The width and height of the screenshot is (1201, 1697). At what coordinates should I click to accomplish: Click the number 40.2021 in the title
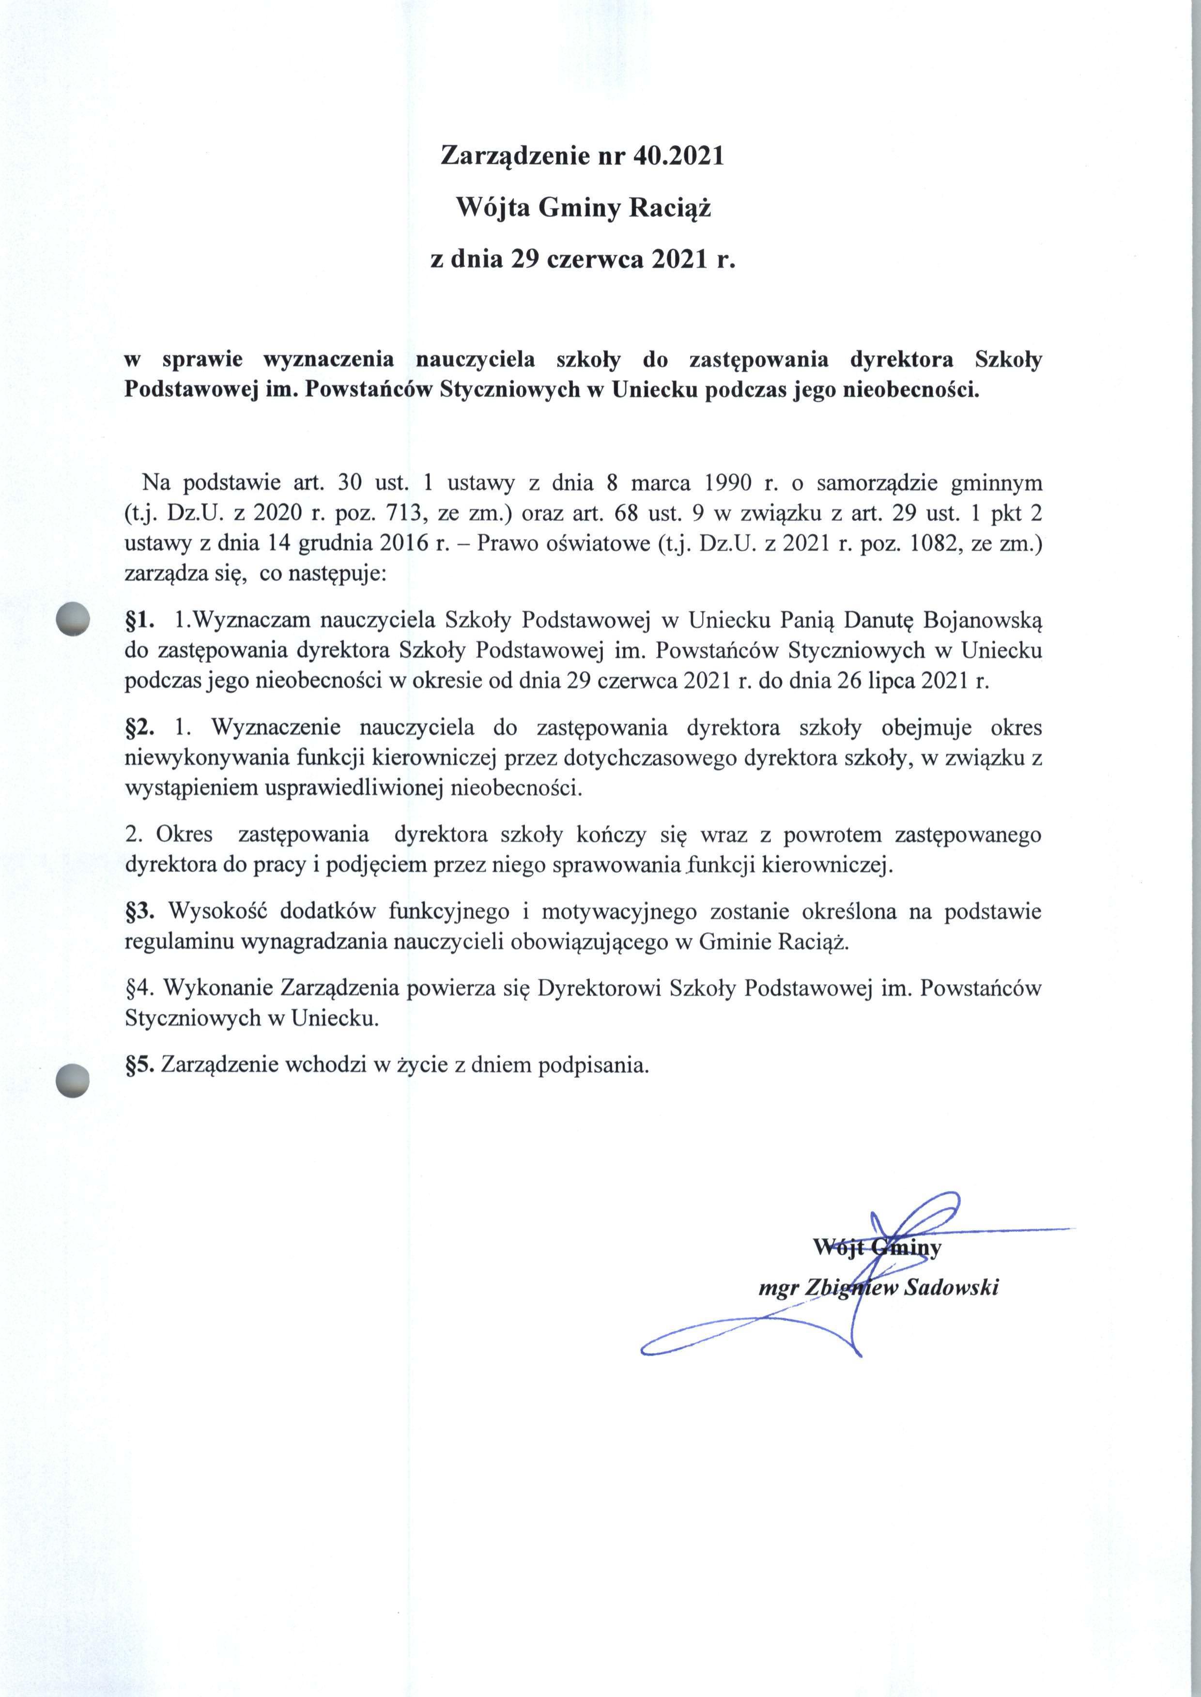pos(678,156)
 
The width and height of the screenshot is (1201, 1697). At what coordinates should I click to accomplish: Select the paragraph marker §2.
pos(140,727)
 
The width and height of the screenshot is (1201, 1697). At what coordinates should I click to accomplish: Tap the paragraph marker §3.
pos(140,911)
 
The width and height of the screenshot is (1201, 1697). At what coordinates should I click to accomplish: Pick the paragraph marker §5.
pos(140,1065)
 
